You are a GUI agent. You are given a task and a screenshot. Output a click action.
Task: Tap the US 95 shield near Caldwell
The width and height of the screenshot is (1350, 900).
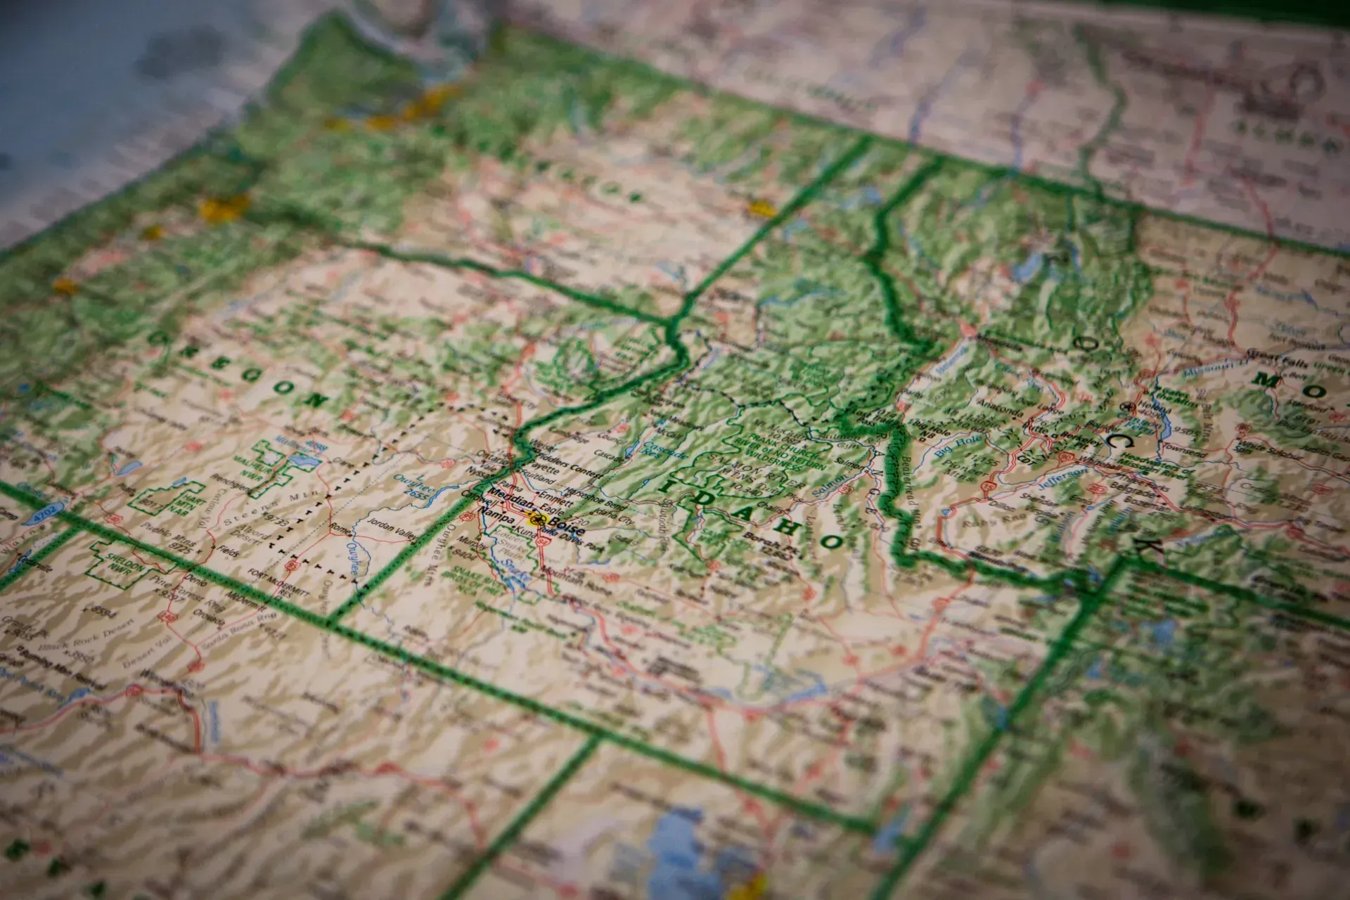click(x=466, y=516)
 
